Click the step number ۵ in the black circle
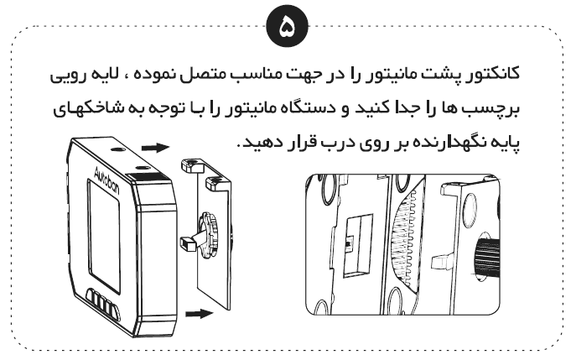pyautogui.click(x=288, y=28)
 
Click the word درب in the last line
pyautogui.click(x=333, y=143)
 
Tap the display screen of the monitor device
pyautogui.click(x=104, y=234)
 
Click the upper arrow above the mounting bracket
pyautogui.click(x=155, y=148)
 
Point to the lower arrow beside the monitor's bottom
pyautogui.click(x=200, y=313)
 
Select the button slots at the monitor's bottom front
pyautogui.click(x=103, y=301)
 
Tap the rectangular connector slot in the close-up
pyautogui.click(x=357, y=245)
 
